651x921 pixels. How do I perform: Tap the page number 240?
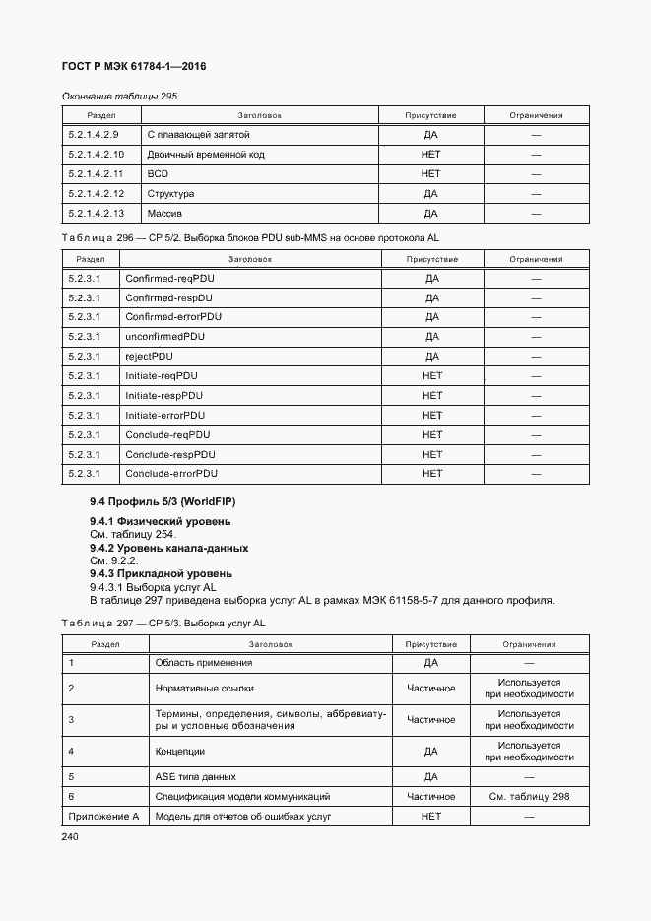point(70,836)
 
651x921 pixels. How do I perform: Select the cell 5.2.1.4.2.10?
point(97,155)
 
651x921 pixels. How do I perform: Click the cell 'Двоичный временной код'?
point(205,155)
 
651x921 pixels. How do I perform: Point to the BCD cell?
point(158,174)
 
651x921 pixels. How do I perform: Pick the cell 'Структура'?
point(170,194)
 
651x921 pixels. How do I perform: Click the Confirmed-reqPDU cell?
point(168,278)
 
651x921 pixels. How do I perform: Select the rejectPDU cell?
point(149,357)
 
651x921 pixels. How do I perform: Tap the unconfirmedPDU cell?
point(164,337)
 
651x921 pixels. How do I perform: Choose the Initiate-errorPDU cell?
point(164,416)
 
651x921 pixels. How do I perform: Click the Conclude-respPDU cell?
point(169,455)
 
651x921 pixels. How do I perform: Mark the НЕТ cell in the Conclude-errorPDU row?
point(432,475)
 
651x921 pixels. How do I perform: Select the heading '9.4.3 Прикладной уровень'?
point(161,573)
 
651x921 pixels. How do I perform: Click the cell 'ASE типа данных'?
point(196,776)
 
